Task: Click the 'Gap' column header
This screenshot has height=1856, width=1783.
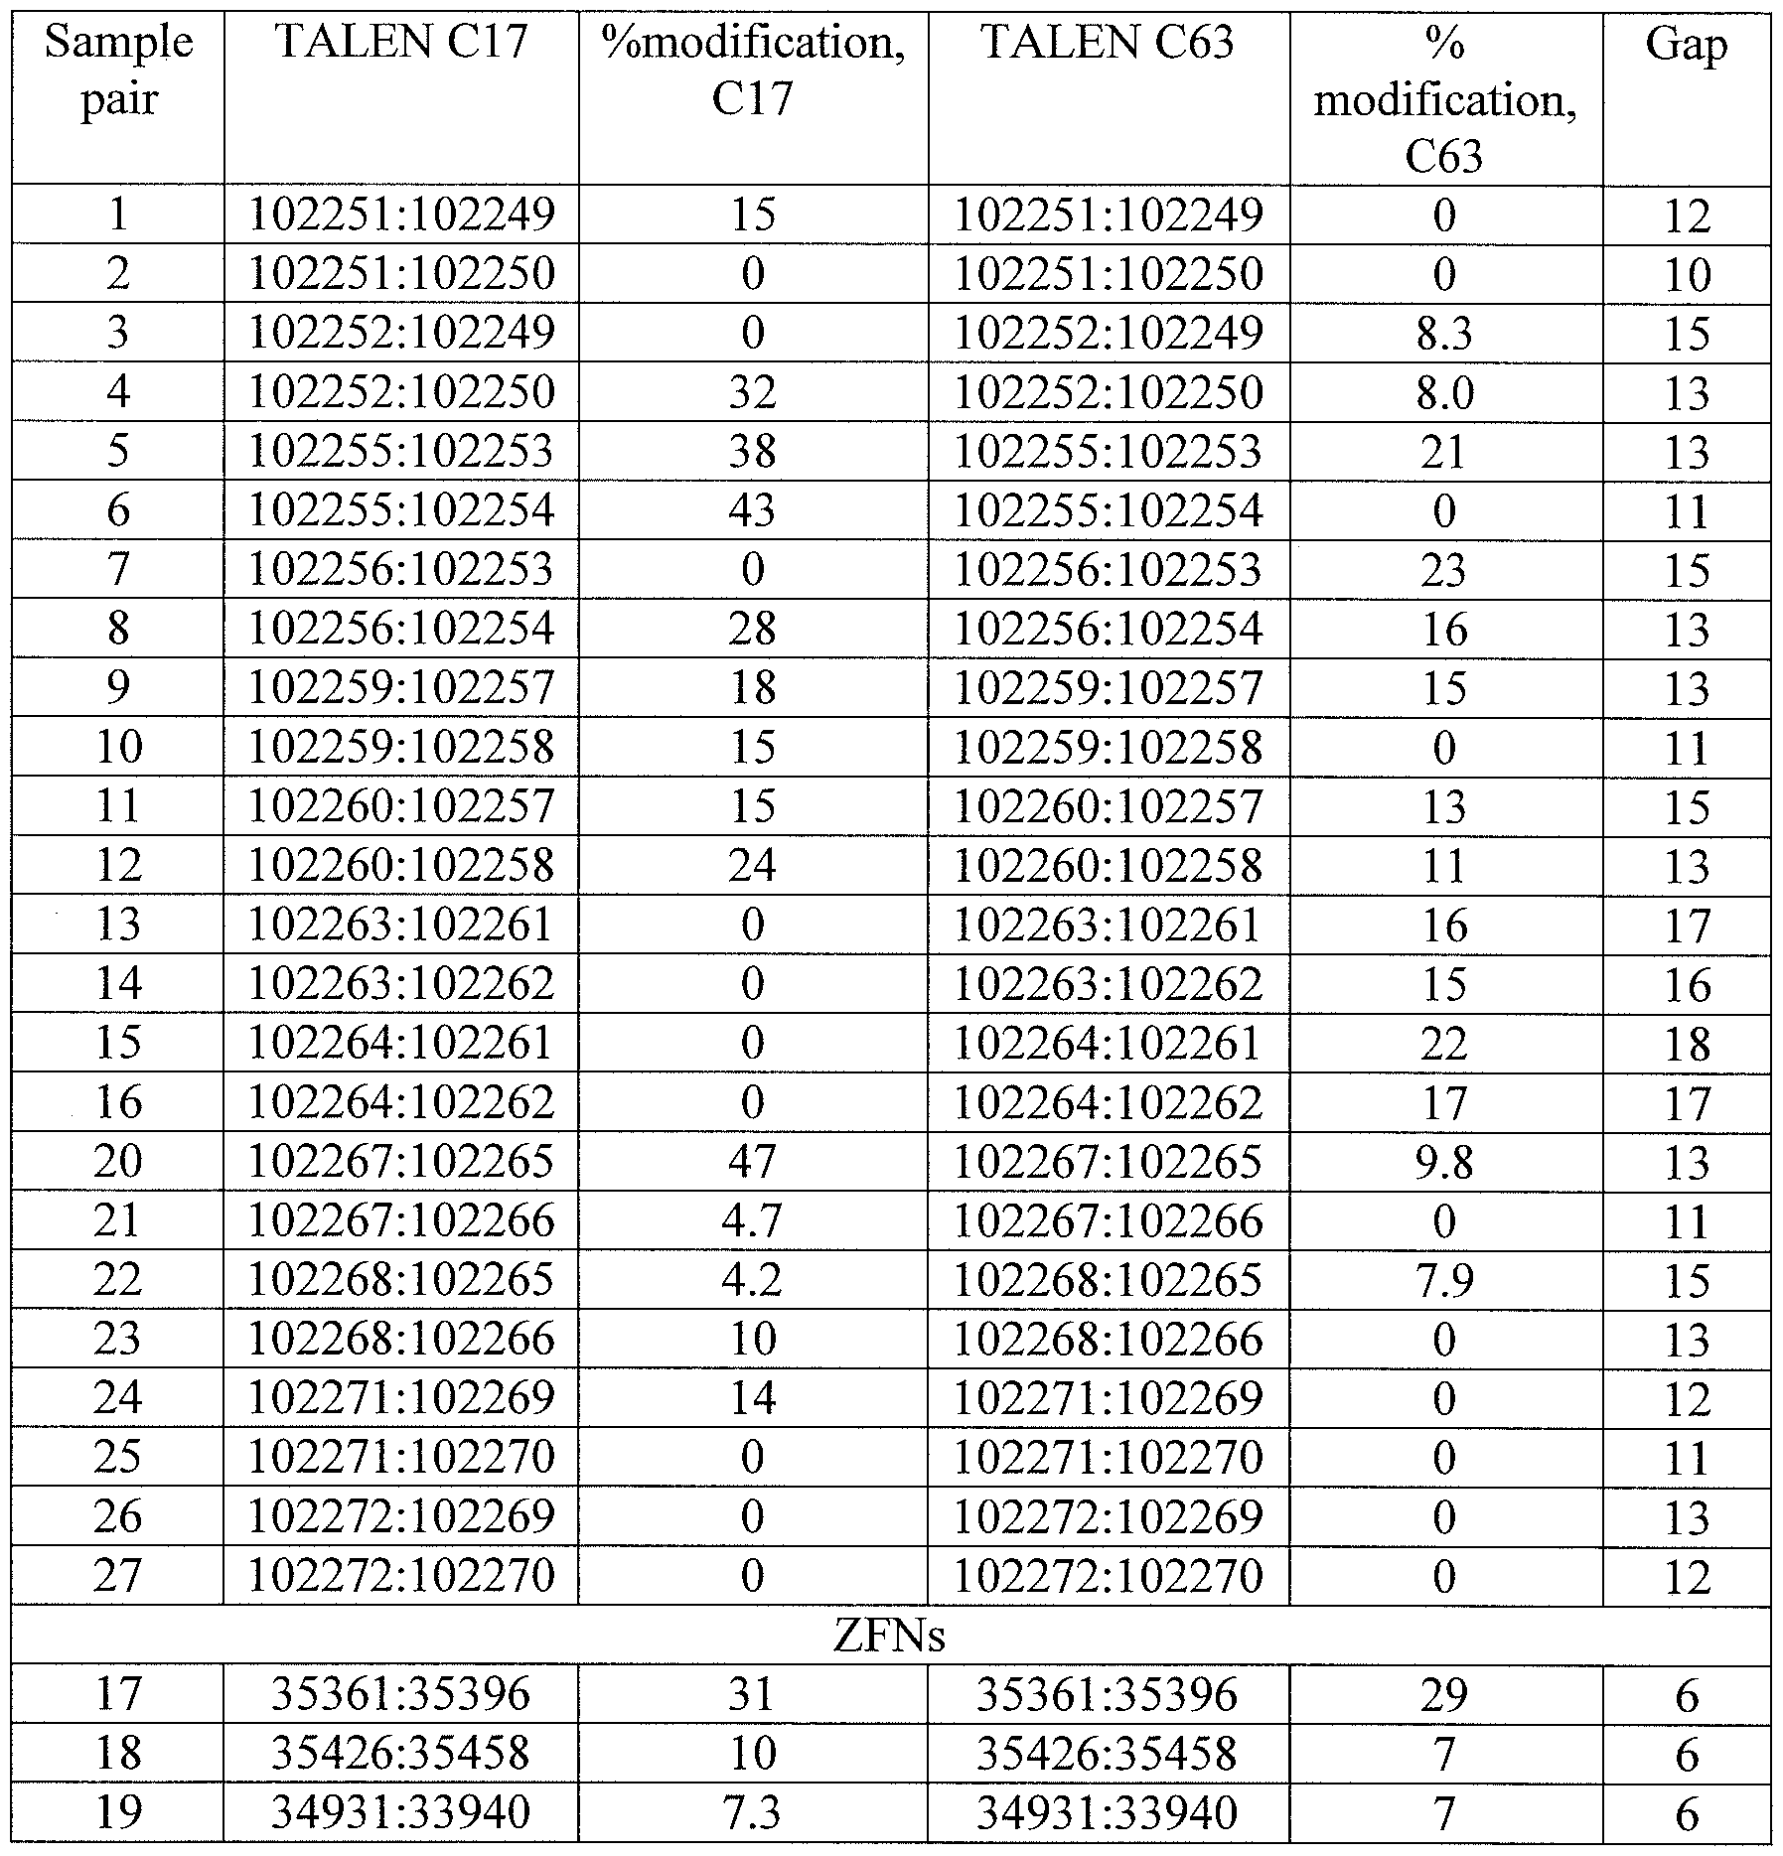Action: (x=1686, y=45)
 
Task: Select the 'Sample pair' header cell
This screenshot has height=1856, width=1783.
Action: (x=118, y=71)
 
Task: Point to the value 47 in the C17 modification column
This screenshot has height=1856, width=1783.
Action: (x=752, y=1161)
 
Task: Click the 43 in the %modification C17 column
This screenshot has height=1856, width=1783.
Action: (x=752, y=510)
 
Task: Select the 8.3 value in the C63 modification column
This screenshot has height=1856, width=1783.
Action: (x=1443, y=333)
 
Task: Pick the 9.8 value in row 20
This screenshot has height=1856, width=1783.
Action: (x=1443, y=1161)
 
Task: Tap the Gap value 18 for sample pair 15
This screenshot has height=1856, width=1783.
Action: (x=1686, y=1043)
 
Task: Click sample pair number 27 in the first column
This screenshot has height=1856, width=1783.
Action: (x=118, y=1575)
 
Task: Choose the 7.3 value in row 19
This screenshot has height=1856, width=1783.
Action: (x=752, y=1813)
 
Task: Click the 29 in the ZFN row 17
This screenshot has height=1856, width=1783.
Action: (x=1443, y=1694)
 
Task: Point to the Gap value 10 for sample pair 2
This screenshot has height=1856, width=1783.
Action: (x=1686, y=274)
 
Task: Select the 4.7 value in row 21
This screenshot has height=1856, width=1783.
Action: (x=752, y=1220)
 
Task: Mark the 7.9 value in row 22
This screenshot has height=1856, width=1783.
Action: (x=1443, y=1279)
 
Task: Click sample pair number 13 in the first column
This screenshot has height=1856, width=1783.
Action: (x=118, y=925)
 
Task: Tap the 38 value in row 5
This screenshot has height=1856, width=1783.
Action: (x=752, y=451)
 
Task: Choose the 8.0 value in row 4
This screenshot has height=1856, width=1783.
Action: (x=1443, y=392)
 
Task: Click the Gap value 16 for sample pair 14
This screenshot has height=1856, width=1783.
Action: (x=1686, y=984)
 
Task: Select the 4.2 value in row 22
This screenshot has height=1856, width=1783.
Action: (x=752, y=1279)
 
